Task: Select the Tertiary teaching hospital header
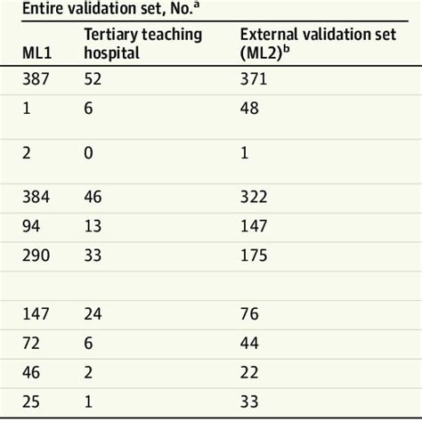coord(142,45)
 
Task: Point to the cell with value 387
coord(38,81)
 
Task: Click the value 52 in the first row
coord(93,81)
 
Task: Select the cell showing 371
coord(255,81)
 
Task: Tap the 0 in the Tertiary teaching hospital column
coord(88,151)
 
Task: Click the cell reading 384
coord(38,192)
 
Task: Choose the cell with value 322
coord(255,192)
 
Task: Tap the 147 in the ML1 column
coord(38,316)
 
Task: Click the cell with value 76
coord(250,316)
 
